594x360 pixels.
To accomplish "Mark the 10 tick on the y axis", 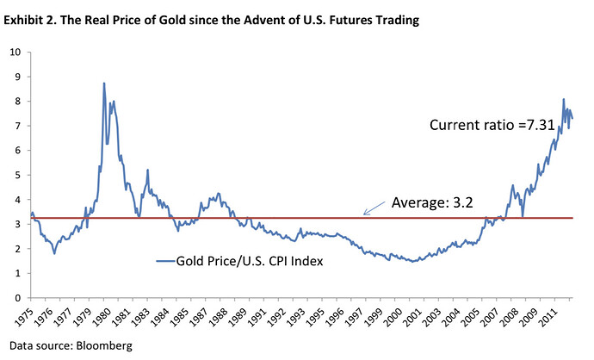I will click(x=15, y=52).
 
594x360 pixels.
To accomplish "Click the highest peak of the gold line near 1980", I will click(x=104, y=83).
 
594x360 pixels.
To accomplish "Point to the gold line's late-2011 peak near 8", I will click(x=564, y=99).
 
